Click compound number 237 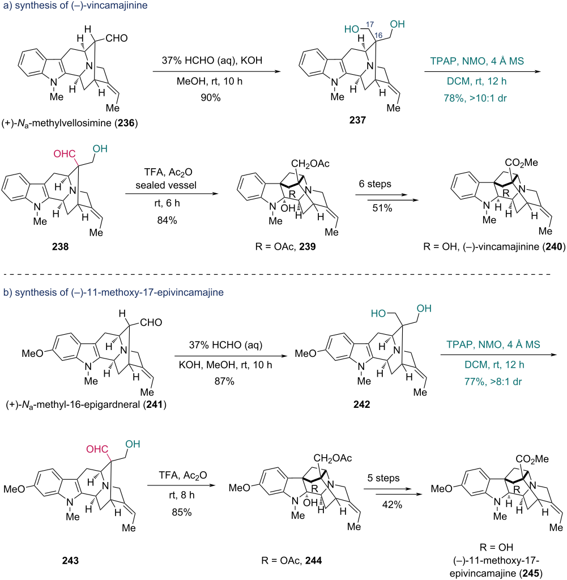(x=357, y=120)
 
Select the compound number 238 (x=60, y=246)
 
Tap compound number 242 (x=361, y=404)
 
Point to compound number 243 (x=70, y=560)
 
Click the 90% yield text (x=211, y=97)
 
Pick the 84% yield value (x=167, y=220)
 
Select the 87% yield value (x=224, y=381)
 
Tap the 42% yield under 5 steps (x=392, y=505)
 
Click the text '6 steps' (x=375, y=184)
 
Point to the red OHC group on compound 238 (x=65, y=154)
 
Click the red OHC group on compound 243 (x=97, y=449)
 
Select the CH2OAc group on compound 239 (x=310, y=164)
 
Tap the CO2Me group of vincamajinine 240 (x=522, y=163)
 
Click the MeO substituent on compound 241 (x=32, y=353)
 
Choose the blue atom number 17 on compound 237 (x=370, y=24)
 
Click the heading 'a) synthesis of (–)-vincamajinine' (x=75, y=6)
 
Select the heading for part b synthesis (x=113, y=292)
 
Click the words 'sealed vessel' (x=166, y=185)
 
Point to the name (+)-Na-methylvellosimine (x=70, y=123)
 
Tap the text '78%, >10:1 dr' (x=475, y=99)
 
